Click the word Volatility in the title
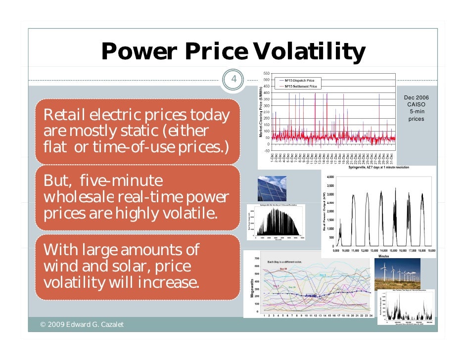(x=308, y=51)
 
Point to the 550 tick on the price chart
(x=266, y=73)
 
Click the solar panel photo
(x=272, y=189)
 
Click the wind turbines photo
(x=397, y=274)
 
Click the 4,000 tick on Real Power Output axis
(x=331, y=177)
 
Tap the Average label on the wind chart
(x=310, y=295)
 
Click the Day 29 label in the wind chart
(x=283, y=269)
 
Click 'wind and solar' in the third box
(x=99, y=266)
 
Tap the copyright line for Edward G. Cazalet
(x=82, y=324)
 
